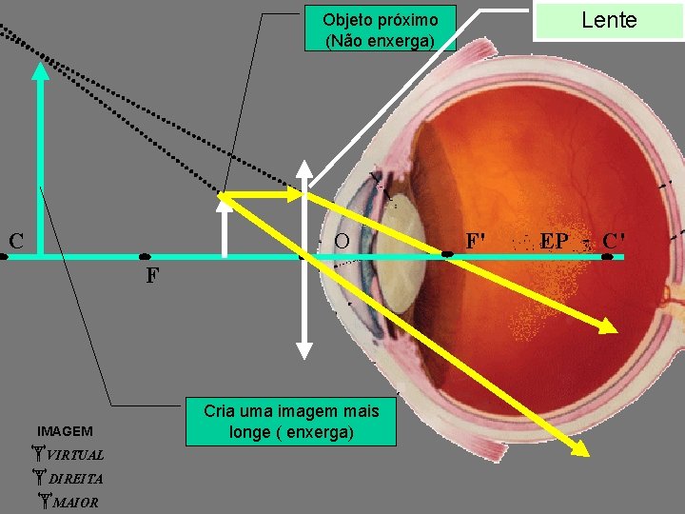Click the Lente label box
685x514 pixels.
click(x=609, y=20)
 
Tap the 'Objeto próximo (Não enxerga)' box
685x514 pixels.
click(x=381, y=30)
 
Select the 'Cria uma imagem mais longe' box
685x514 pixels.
click(x=291, y=422)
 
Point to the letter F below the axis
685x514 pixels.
click(x=152, y=277)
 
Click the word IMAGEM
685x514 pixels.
click(x=66, y=431)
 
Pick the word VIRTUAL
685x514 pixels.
click(x=75, y=454)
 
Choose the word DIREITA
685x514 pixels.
click(x=75, y=478)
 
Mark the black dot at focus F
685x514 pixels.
click(x=145, y=256)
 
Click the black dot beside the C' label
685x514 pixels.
click(x=607, y=256)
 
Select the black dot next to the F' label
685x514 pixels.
click(x=448, y=255)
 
